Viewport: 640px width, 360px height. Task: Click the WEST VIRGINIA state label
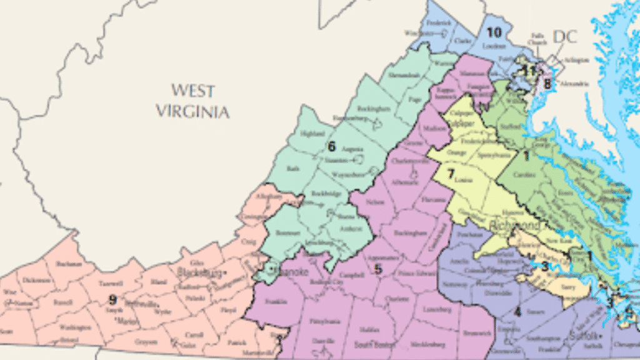click(x=192, y=101)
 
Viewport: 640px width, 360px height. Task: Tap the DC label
click(x=566, y=37)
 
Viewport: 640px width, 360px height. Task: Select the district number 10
click(x=494, y=32)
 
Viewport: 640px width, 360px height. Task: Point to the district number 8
click(x=547, y=84)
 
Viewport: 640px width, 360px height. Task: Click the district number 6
click(x=332, y=147)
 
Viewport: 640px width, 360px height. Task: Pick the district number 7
click(x=450, y=173)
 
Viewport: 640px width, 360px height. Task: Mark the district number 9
click(x=112, y=299)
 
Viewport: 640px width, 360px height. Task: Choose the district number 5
click(x=378, y=269)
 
